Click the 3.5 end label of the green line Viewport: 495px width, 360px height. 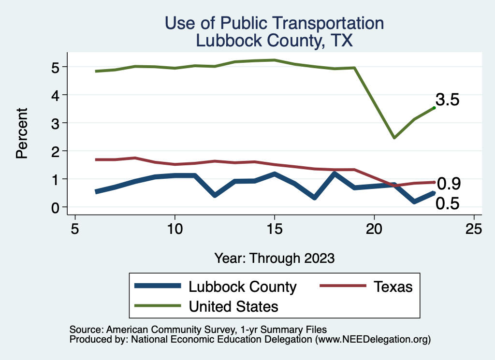click(x=447, y=100)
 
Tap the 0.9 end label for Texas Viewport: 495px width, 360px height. click(x=449, y=184)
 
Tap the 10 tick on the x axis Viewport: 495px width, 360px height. click(x=175, y=229)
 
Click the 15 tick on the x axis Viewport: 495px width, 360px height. click(x=275, y=229)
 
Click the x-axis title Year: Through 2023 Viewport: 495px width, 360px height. click(x=275, y=258)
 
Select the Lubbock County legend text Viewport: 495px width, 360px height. click(x=242, y=287)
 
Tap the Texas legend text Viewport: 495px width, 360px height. click(x=393, y=287)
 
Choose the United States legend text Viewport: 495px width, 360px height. click(x=233, y=306)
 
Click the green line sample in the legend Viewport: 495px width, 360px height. click(x=158, y=306)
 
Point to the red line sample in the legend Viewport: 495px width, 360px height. click(x=341, y=287)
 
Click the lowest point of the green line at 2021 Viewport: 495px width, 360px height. click(x=394, y=138)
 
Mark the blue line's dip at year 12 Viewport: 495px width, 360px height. click(x=215, y=195)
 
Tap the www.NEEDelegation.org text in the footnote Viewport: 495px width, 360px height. click(x=373, y=340)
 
